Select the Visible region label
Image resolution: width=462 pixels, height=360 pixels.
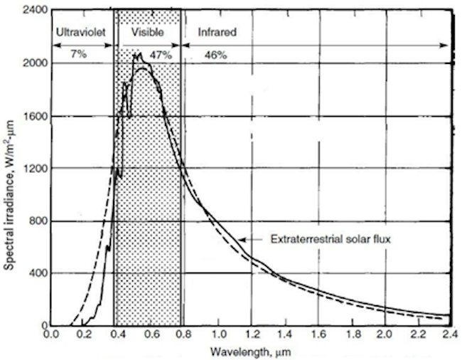click(148, 33)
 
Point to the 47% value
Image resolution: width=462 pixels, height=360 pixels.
click(166, 55)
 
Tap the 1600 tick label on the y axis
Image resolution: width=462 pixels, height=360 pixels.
click(32, 116)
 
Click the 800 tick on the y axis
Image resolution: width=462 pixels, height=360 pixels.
click(35, 221)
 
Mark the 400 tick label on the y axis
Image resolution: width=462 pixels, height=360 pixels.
click(35, 274)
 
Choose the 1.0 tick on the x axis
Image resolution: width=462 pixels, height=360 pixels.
click(218, 333)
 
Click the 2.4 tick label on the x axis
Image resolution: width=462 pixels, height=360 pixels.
click(450, 333)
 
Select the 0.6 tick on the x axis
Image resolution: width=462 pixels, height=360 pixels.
click(151, 333)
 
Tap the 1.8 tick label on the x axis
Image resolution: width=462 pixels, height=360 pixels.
click(350, 333)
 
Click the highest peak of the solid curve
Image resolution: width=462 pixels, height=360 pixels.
click(140, 53)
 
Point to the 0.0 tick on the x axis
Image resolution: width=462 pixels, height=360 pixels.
click(50, 333)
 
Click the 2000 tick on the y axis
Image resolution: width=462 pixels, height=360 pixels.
click(32, 63)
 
